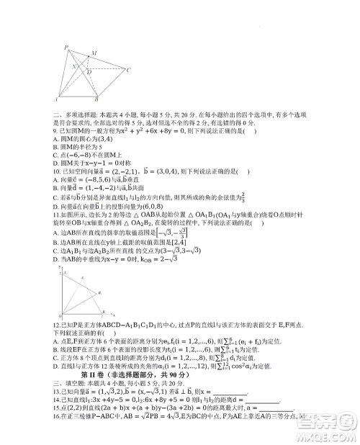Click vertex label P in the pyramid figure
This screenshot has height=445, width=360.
point(66,46)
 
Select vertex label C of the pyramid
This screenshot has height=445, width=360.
point(127,70)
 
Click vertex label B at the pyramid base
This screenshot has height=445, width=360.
point(96,99)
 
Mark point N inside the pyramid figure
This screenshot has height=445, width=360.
point(73,65)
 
